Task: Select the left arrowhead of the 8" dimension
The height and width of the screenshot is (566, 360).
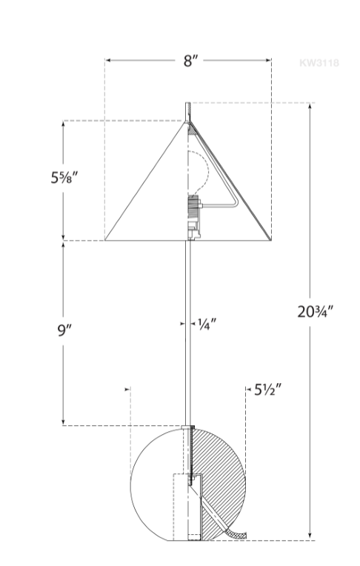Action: pos(107,61)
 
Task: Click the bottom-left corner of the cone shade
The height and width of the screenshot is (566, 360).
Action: pos(105,240)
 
